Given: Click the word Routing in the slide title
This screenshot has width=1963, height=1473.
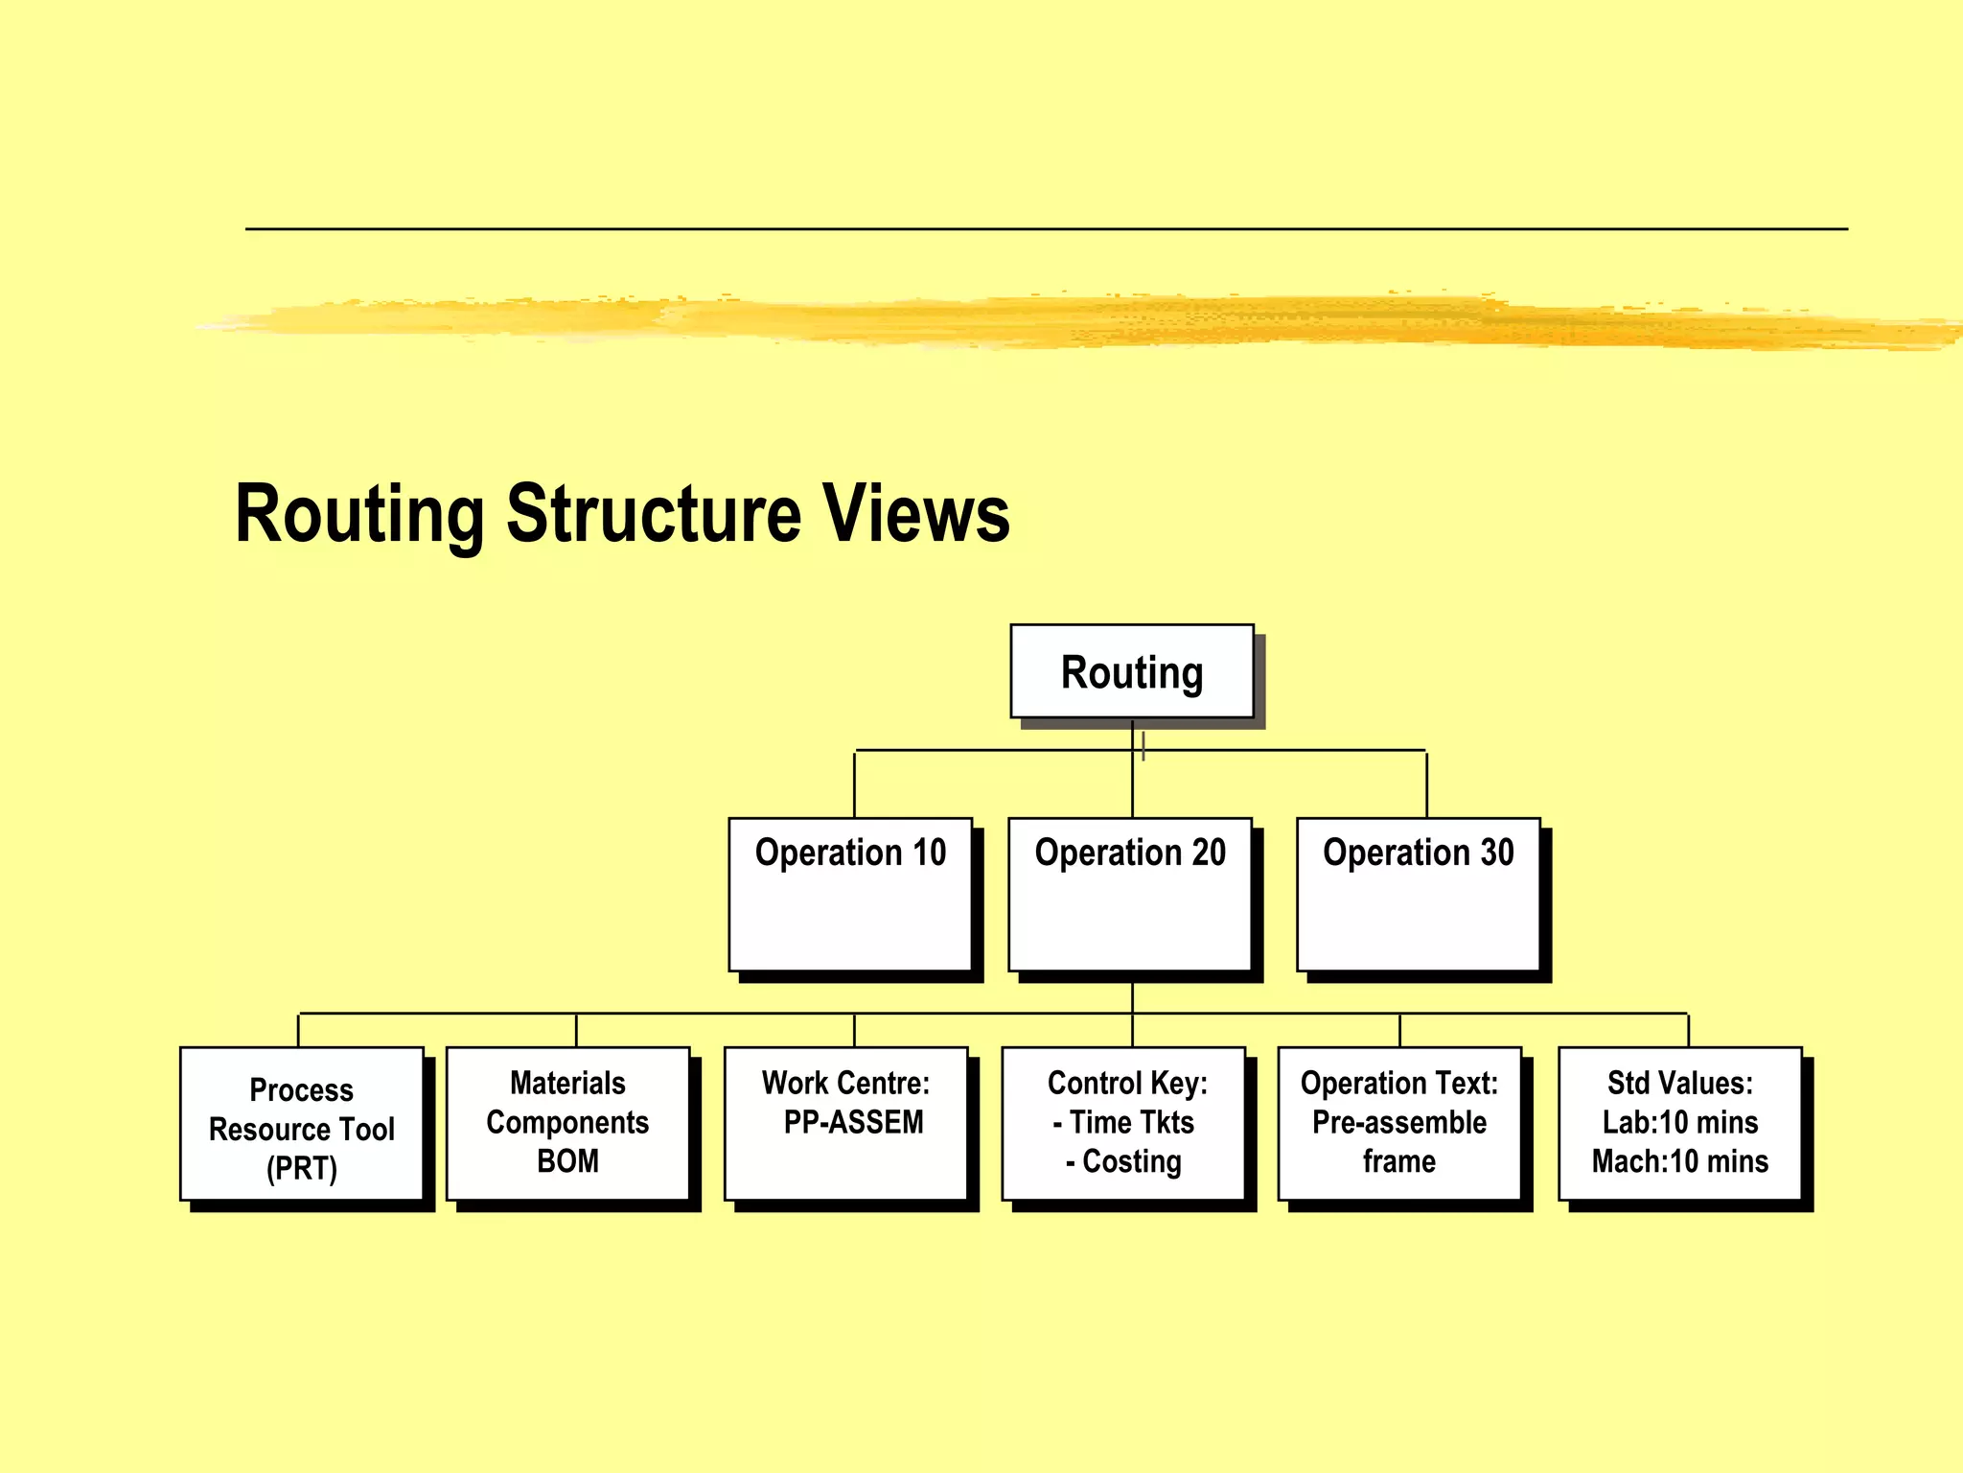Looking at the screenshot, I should [359, 515].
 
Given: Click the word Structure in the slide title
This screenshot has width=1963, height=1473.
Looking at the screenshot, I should [653, 514].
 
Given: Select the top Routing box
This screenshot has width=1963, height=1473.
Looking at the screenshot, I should [1132, 671].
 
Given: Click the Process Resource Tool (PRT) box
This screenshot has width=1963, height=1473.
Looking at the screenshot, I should [302, 1124].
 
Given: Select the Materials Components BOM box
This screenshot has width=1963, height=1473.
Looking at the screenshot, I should [567, 1124].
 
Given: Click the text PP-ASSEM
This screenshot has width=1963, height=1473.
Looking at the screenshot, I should [853, 1122].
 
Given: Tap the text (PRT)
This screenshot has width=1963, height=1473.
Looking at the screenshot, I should [302, 1168].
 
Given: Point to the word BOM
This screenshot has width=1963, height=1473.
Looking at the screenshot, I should [567, 1161].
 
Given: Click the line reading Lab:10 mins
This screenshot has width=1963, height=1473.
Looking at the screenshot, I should [1680, 1122].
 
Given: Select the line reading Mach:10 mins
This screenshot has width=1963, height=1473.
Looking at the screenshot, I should [1680, 1161].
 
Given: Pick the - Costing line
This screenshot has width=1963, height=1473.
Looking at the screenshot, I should [1123, 1161].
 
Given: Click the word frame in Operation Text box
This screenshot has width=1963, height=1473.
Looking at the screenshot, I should [1399, 1161].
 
